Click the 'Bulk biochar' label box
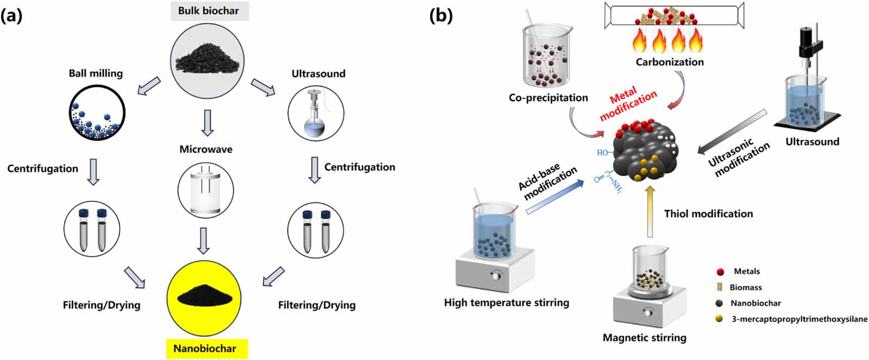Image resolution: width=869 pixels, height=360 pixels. (x=209, y=10)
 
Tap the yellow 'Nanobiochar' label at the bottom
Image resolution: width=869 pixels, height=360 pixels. (x=205, y=348)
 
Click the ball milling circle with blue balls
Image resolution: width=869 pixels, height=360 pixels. (x=97, y=114)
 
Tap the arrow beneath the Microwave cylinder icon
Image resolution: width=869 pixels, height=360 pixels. (x=203, y=241)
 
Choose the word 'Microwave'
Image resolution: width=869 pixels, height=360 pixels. (x=206, y=149)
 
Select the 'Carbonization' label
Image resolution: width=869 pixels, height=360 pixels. (x=669, y=62)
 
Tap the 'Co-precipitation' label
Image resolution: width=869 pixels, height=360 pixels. (x=548, y=98)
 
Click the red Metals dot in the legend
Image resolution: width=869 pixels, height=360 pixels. (x=720, y=271)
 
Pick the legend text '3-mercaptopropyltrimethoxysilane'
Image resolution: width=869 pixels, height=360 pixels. (x=799, y=319)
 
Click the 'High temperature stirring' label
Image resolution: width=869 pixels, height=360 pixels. (x=506, y=302)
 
